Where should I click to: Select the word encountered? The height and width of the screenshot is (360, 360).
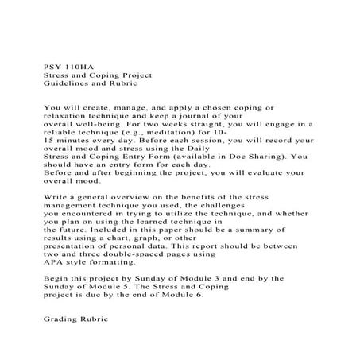(x=91, y=213)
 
